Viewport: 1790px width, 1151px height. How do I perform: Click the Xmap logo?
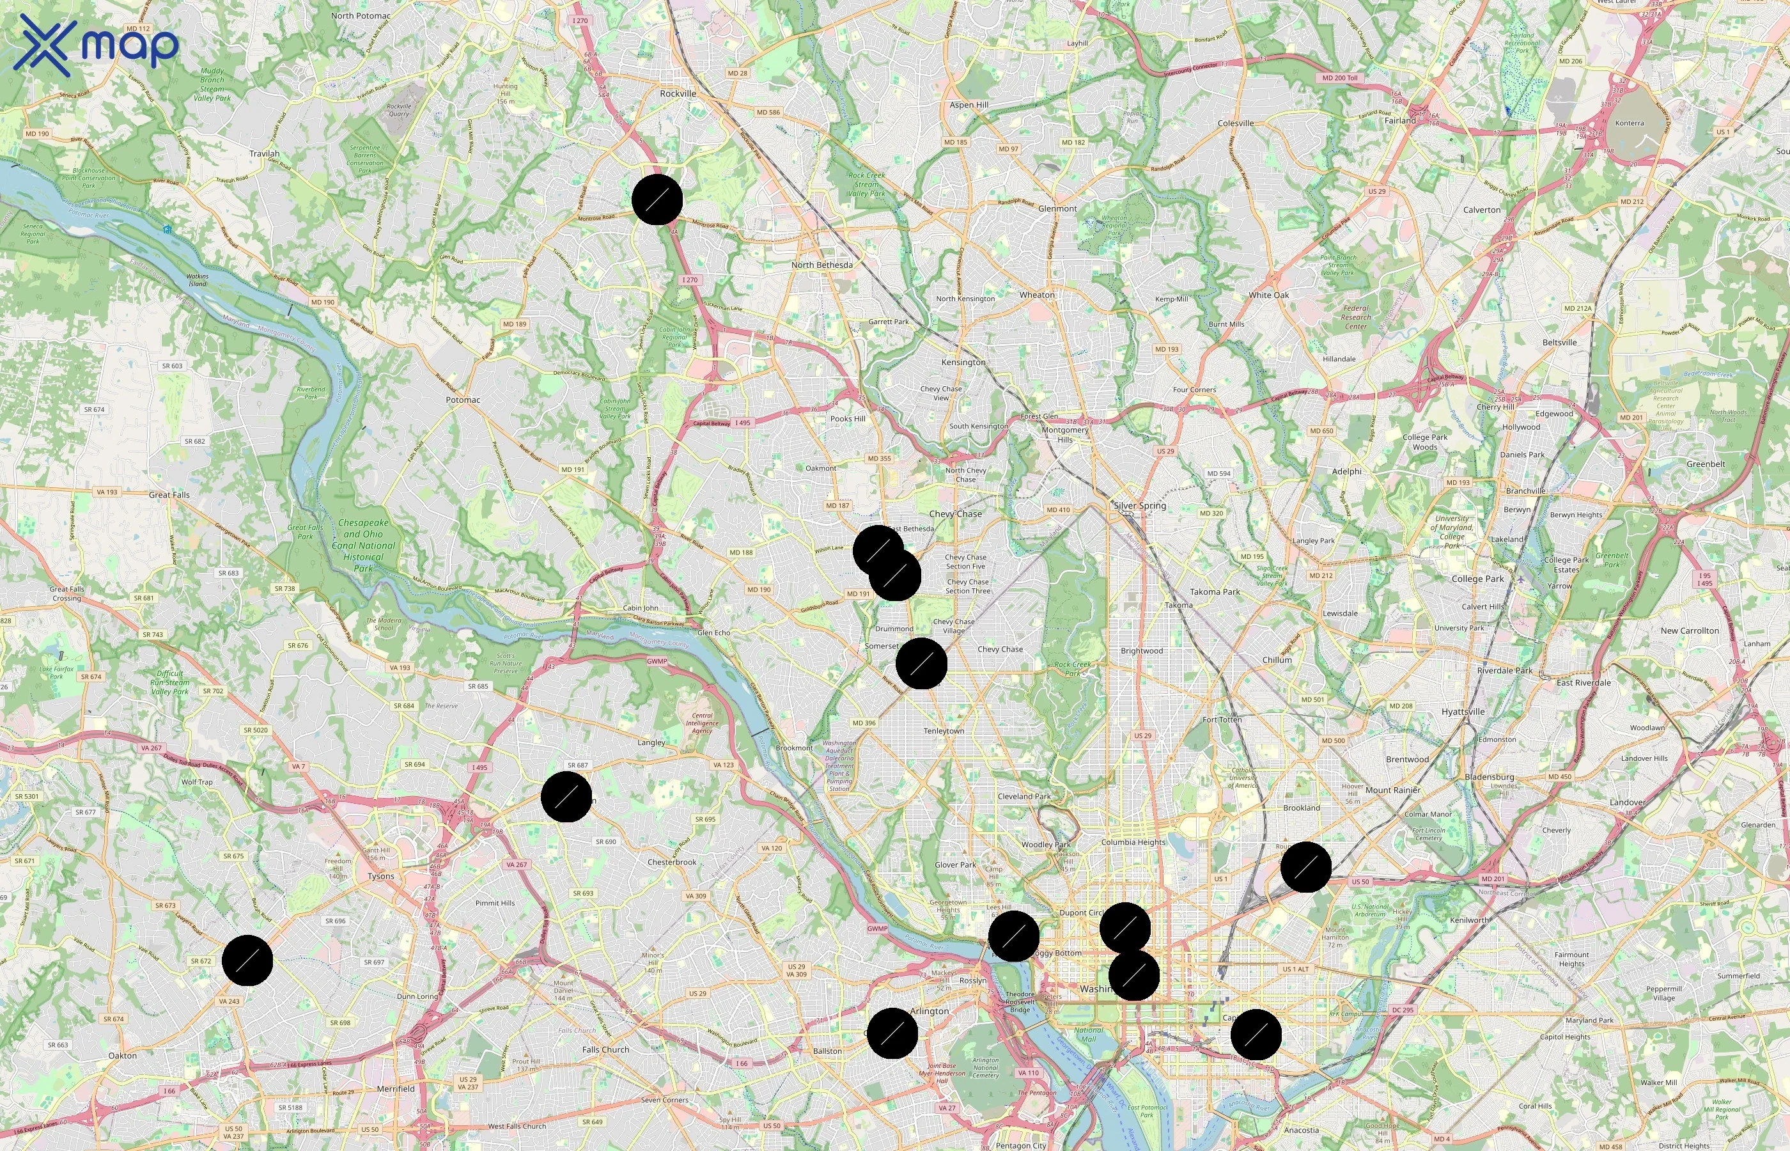pos(97,45)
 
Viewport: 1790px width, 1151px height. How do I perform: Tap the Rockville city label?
pos(678,93)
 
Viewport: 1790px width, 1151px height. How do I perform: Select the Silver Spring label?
pos(1139,506)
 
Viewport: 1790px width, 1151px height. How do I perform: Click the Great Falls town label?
pos(169,495)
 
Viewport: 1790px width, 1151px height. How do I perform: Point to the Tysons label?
pos(381,876)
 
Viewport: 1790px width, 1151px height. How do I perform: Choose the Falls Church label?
pos(605,1049)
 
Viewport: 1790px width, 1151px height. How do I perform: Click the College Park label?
pos(1477,579)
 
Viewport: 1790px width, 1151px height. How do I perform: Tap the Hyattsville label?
pos(1463,712)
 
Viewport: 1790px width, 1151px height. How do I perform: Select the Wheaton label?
pos(1037,295)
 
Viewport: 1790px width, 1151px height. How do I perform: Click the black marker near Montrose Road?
pos(657,200)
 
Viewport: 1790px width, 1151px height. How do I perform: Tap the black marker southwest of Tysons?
pos(247,960)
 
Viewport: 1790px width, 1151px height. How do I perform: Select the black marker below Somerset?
pos(921,664)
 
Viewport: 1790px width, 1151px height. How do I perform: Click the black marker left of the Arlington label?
pos(892,1033)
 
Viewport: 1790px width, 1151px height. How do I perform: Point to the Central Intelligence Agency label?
pos(702,723)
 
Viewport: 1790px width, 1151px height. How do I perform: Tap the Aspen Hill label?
pos(969,106)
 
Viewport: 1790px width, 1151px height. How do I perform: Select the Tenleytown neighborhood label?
pos(944,731)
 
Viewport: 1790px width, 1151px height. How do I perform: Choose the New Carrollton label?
pos(1689,630)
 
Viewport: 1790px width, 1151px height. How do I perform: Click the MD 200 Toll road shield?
pos(1339,78)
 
